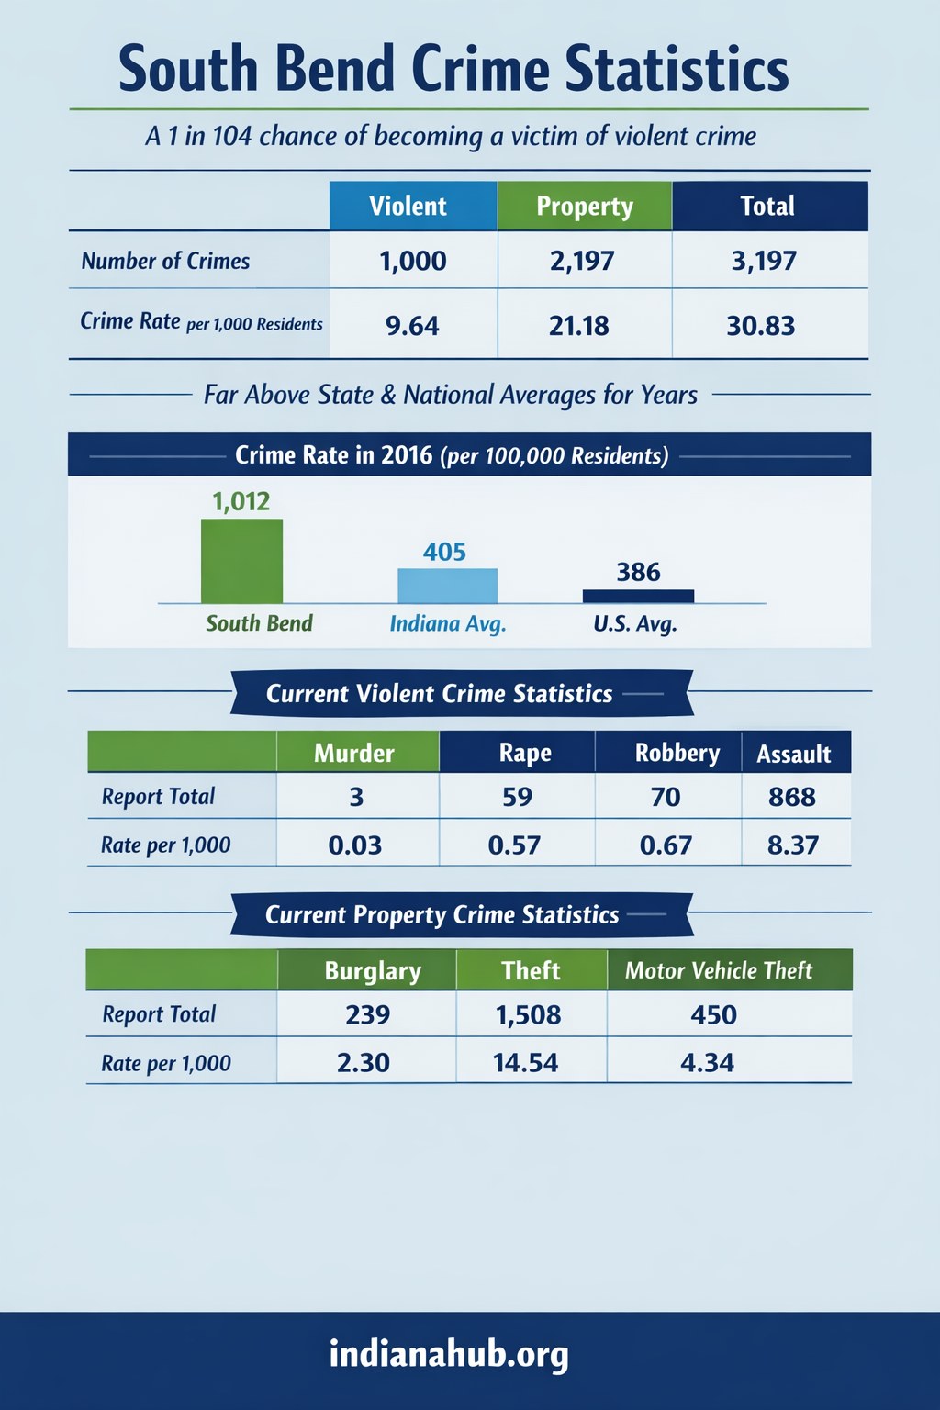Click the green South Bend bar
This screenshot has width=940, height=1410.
tap(241, 561)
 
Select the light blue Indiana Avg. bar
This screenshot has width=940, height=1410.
tap(447, 586)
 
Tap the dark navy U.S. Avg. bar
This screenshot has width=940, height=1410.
tap(638, 596)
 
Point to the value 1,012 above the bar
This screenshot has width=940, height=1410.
tap(241, 501)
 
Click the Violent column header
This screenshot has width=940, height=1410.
tap(408, 207)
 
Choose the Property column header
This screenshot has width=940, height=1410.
tap(585, 207)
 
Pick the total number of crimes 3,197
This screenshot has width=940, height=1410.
tap(764, 261)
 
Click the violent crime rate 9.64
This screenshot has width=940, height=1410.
tap(412, 325)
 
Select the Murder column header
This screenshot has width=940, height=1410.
tap(354, 753)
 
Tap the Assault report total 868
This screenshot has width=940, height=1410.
tap(792, 797)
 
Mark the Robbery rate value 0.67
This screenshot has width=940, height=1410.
tap(666, 845)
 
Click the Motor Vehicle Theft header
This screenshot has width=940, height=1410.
tap(719, 970)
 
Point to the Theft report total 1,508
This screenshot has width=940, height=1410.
tap(528, 1014)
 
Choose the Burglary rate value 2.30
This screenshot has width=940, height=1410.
tap(364, 1063)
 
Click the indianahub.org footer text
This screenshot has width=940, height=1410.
tap(449, 1354)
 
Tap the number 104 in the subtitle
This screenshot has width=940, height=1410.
tap(231, 136)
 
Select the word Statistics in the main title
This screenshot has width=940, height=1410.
tap(677, 69)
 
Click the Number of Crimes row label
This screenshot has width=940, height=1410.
tap(165, 261)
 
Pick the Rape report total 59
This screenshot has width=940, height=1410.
tap(517, 797)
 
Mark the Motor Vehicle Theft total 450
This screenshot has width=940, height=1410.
tap(713, 1014)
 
